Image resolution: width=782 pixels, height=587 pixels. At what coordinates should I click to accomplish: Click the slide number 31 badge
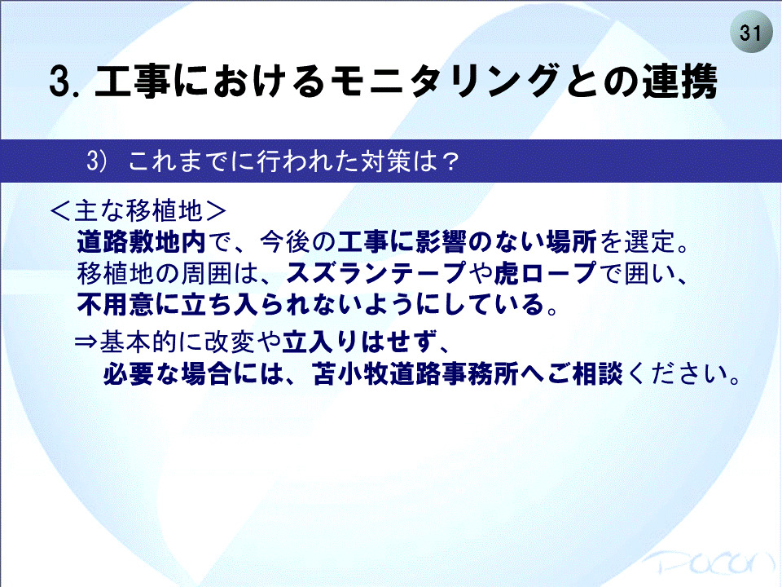[750, 33]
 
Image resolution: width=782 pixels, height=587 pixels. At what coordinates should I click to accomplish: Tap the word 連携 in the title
[679, 81]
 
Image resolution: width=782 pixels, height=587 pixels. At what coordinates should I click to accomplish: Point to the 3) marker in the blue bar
[97, 161]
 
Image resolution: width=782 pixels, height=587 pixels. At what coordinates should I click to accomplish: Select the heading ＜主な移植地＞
[138, 211]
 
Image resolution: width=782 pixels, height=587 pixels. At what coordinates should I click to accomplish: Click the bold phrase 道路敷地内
[141, 242]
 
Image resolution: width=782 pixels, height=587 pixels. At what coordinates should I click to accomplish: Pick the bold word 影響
[441, 242]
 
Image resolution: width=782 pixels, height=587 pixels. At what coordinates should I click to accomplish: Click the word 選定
[649, 242]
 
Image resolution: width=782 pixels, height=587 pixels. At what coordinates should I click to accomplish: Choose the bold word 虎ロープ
[545, 273]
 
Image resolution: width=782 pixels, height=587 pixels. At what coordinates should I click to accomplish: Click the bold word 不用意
[115, 304]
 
